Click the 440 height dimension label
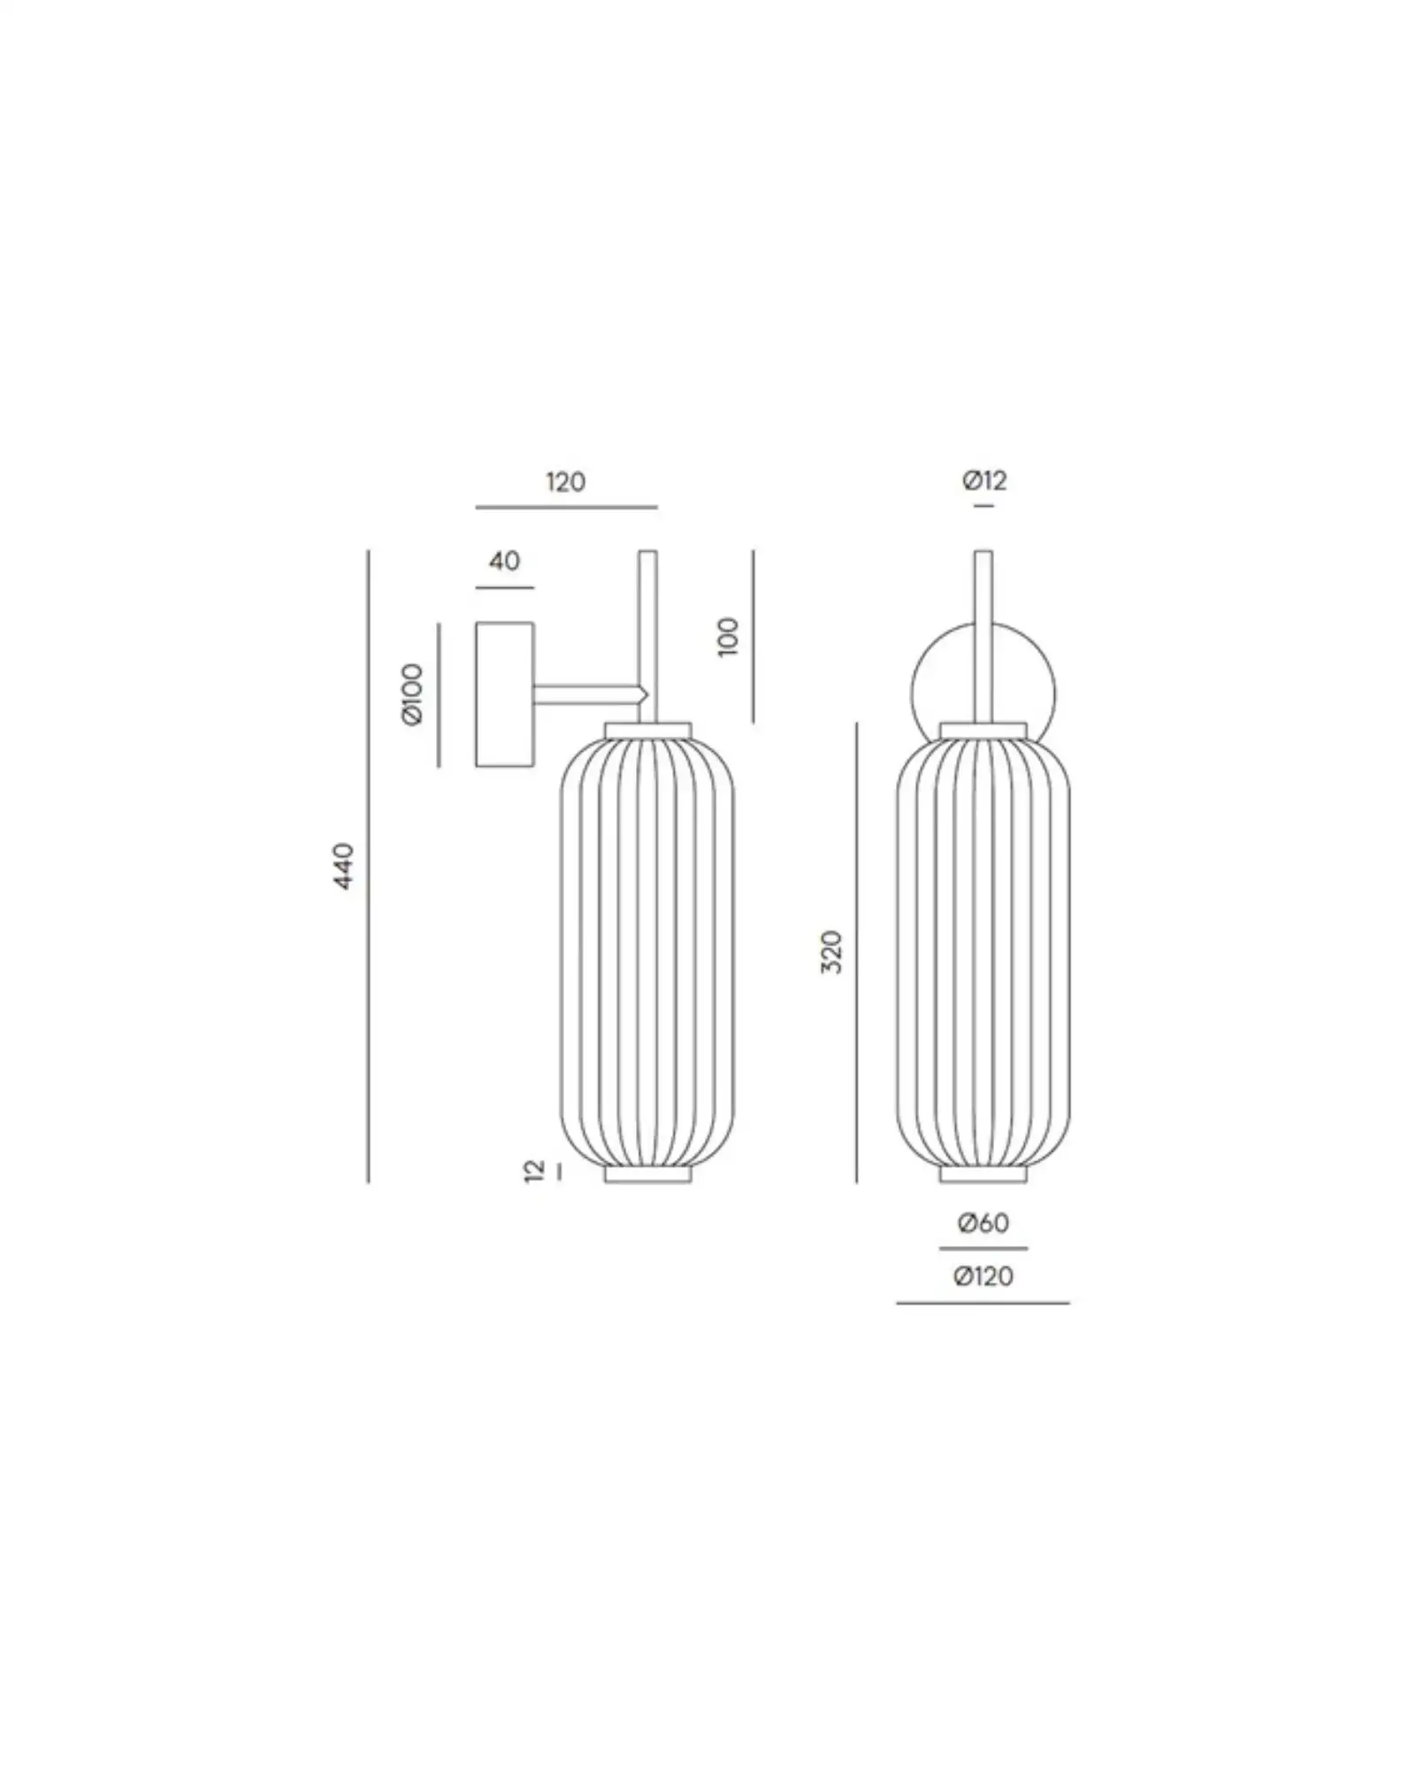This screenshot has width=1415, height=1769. [344, 866]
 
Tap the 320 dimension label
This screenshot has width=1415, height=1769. [832, 952]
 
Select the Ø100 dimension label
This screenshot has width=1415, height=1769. [413, 694]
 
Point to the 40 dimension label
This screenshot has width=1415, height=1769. [504, 561]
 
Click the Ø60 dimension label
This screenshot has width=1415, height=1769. [983, 1223]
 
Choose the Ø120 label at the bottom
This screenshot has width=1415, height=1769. [983, 1276]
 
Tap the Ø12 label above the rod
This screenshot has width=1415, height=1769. [984, 480]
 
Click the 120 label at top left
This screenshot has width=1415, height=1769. [565, 482]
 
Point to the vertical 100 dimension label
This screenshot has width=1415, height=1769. [728, 636]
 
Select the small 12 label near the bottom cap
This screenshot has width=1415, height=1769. [533, 1172]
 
